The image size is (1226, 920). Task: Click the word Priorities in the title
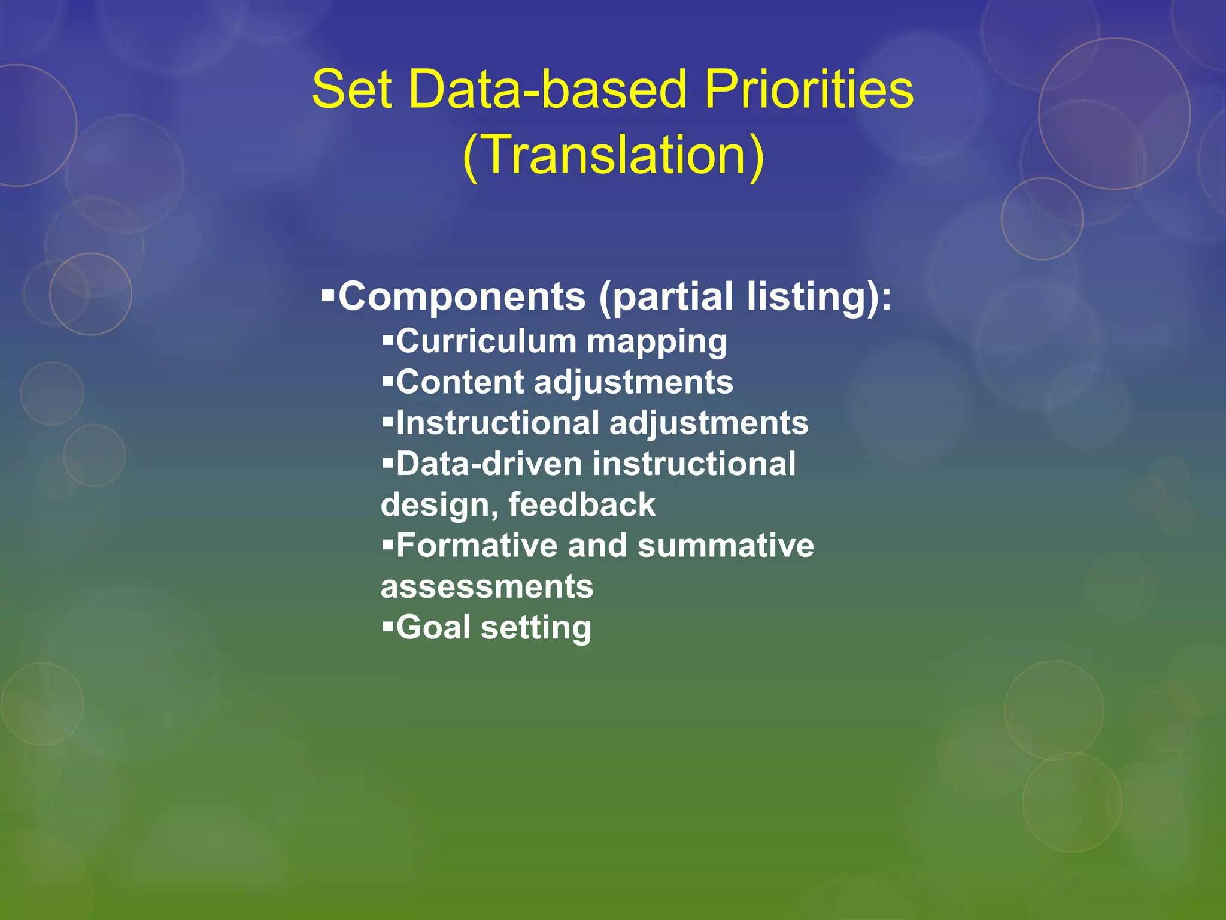[808, 90]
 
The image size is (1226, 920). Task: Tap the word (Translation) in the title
[613, 156]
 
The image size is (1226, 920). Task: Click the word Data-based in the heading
[547, 90]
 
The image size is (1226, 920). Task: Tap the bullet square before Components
[327, 295]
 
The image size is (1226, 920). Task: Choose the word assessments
[487, 587]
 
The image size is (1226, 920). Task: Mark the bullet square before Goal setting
[388, 627]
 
